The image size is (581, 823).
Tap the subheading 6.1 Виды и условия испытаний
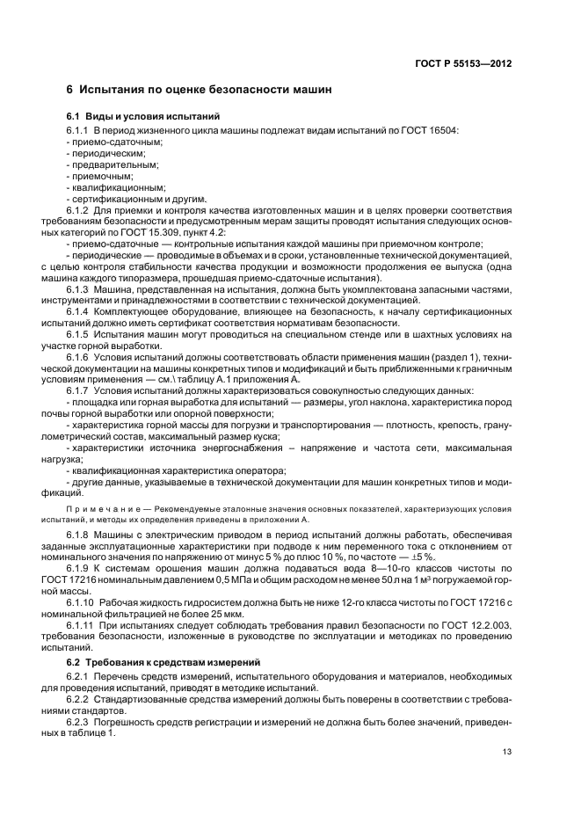(142, 117)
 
